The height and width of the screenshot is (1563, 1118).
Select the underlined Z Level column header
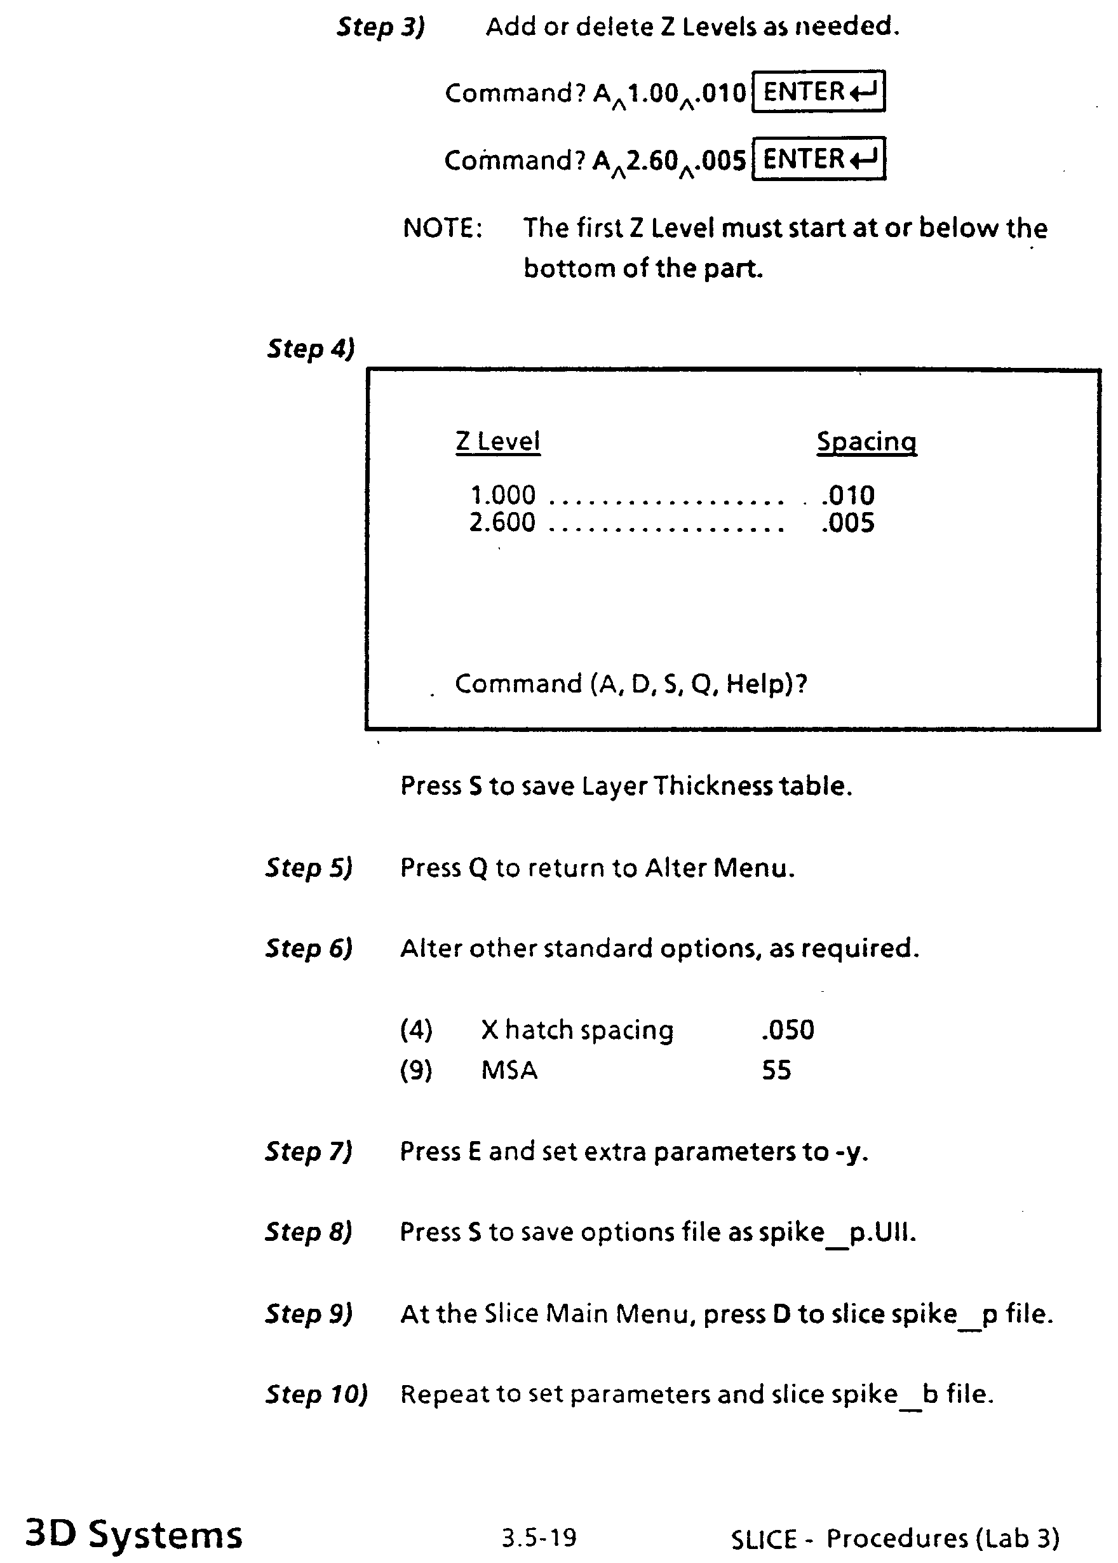pos(498,442)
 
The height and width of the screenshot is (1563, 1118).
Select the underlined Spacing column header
pos(866,442)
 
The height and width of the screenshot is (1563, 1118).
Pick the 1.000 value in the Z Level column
pos(502,495)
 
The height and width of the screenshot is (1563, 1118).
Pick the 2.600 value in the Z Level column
pos(502,523)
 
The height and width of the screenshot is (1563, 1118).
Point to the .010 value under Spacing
pos(847,495)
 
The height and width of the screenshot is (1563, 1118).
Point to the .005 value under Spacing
pos(847,523)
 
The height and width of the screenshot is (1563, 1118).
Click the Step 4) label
pos(311,348)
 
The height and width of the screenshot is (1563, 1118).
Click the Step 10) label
pos(317,1394)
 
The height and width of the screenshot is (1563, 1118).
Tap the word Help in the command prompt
pos(757,684)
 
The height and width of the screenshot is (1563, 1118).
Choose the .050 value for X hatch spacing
pos(788,1030)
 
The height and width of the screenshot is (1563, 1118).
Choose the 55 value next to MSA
pos(776,1071)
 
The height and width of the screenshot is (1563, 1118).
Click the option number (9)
pos(416,1071)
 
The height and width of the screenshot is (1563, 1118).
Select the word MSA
pos(509,1071)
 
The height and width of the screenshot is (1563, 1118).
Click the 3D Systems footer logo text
pos(133,1534)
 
